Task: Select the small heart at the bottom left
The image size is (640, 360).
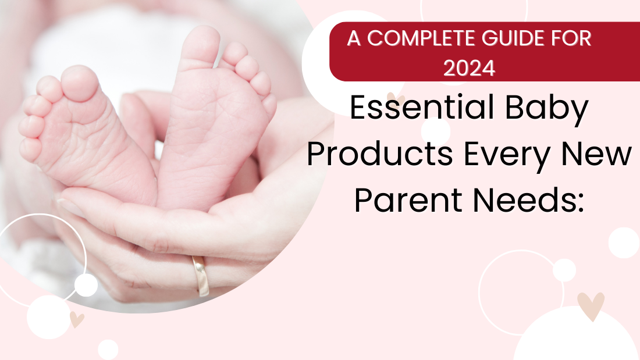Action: (x=76, y=319)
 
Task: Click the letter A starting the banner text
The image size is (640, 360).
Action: (x=354, y=39)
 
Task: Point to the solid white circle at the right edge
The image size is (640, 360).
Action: (x=624, y=243)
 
